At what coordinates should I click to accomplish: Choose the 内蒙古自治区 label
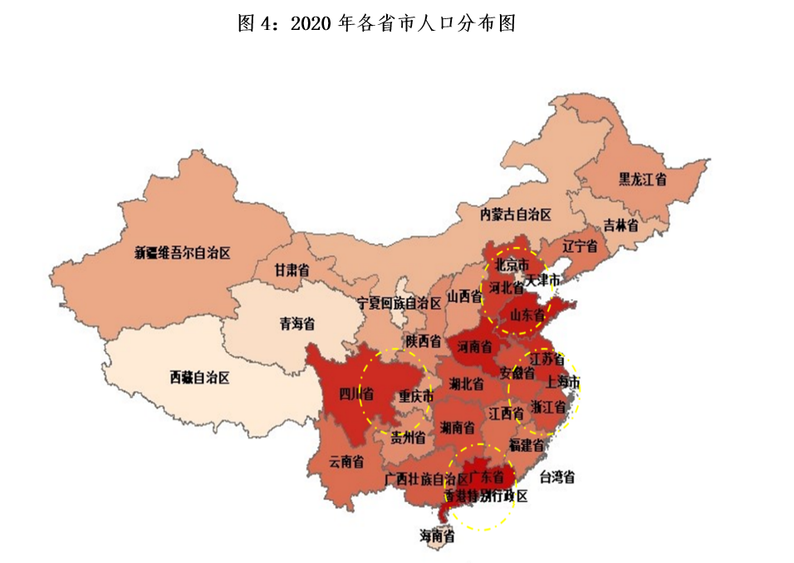(515, 215)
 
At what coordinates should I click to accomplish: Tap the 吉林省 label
(620, 225)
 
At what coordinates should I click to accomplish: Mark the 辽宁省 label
(580, 246)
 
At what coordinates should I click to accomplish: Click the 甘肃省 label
(292, 270)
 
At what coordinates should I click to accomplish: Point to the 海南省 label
(437, 536)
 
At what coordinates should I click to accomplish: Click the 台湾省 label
(557, 477)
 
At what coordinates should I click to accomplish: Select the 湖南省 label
(458, 428)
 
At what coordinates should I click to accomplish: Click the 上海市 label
(562, 383)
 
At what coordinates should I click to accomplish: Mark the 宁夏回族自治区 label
(399, 304)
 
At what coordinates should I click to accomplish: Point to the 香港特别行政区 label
(486, 496)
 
